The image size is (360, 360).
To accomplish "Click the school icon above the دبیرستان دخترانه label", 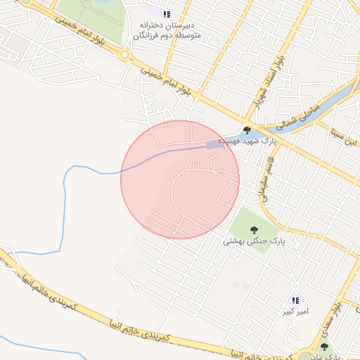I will click(166, 13).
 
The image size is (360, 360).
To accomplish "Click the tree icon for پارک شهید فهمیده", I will click(247, 129).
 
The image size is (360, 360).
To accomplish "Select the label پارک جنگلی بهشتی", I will click(250, 241).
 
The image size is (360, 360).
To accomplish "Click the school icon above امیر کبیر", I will click(295, 300).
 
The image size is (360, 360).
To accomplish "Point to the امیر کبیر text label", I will click(296, 311).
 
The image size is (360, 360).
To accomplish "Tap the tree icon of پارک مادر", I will click(324, 346).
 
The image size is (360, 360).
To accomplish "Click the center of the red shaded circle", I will click(180, 179).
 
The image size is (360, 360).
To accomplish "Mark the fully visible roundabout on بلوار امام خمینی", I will click(124, 54).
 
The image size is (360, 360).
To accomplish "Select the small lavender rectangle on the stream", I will click(212, 145).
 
